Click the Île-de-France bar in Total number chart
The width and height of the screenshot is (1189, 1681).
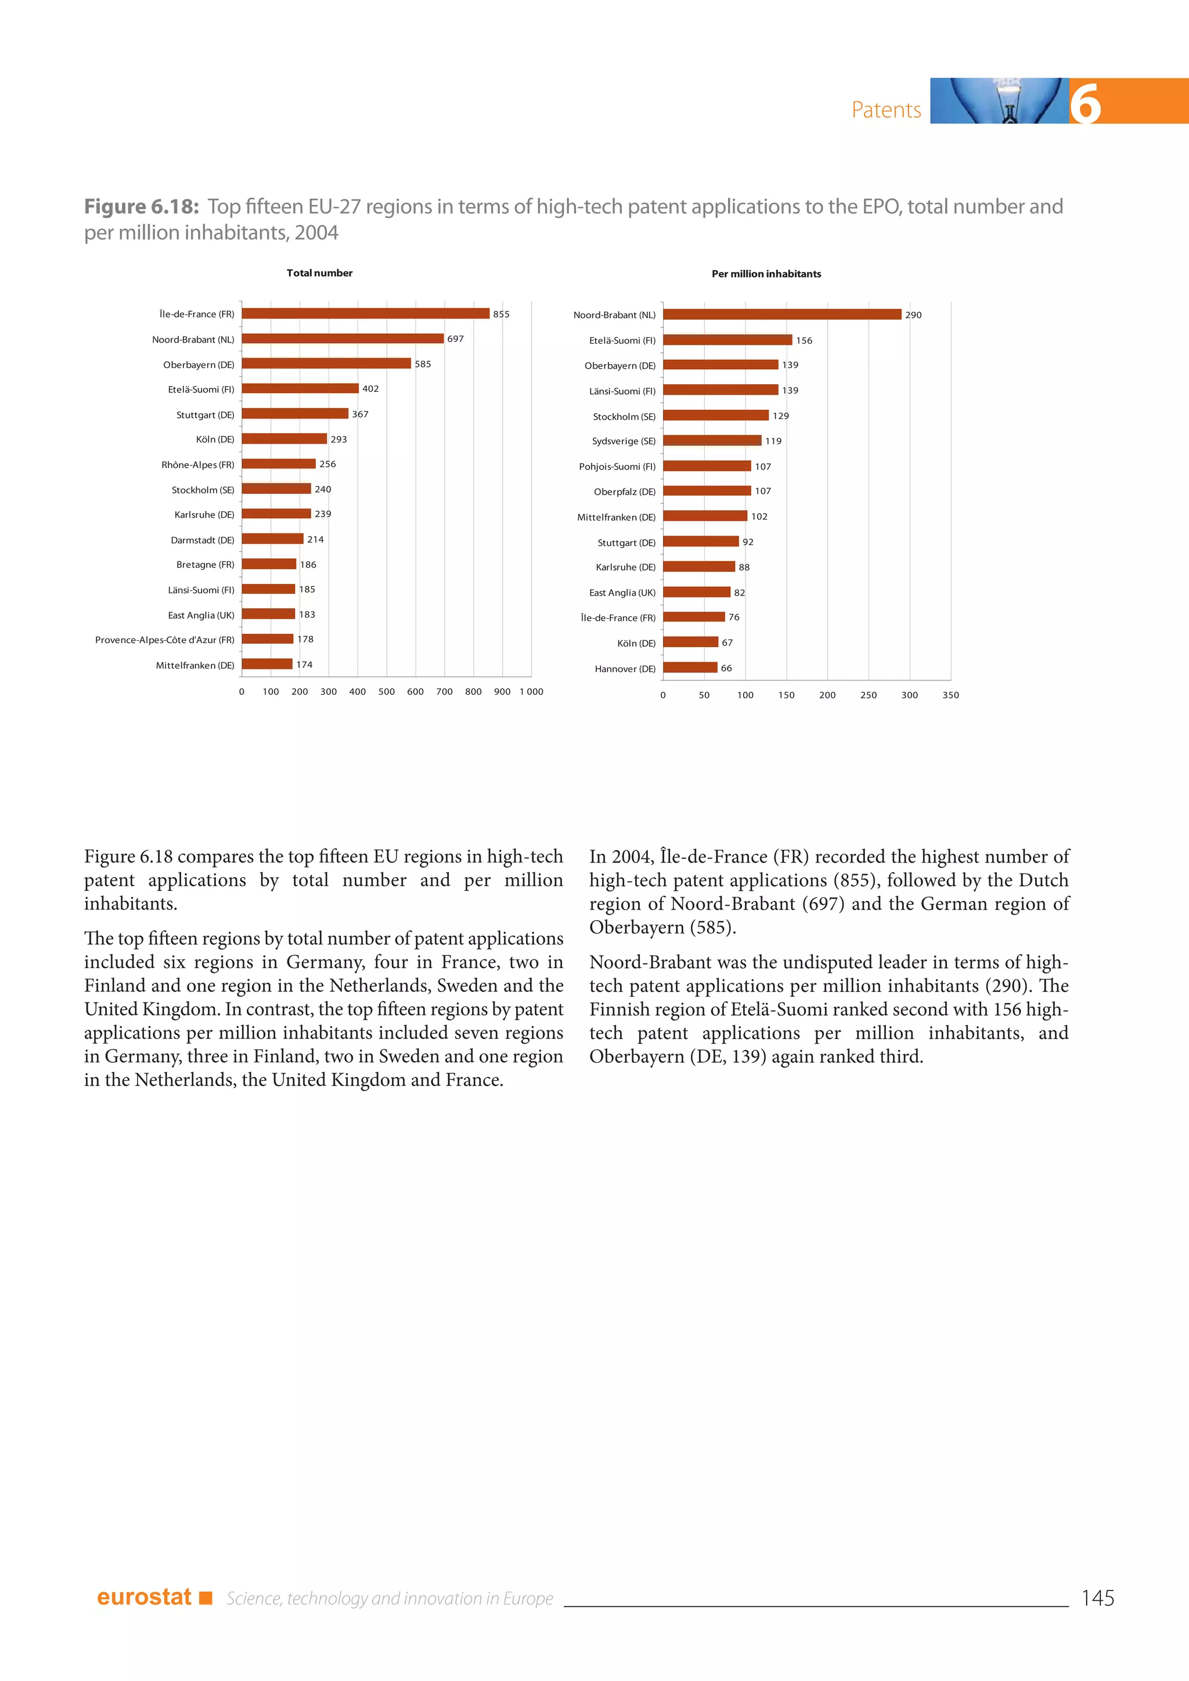coord(365,313)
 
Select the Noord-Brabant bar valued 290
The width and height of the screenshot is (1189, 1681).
coord(782,314)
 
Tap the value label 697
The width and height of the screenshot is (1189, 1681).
coord(455,339)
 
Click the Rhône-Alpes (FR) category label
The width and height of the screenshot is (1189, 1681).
coord(197,465)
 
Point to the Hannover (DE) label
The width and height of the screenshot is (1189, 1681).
coord(625,669)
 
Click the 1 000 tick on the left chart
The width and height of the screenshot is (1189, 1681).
coord(532,691)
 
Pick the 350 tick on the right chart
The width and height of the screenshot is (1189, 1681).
coord(950,695)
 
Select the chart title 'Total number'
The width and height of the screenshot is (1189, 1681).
coord(319,273)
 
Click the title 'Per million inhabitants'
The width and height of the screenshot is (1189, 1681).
coord(766,274)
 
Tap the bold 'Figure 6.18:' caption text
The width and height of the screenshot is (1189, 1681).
coord(141,207)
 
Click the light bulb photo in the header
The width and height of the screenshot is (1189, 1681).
coord(999,101)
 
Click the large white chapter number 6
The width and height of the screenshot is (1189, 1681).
coord(1085,103)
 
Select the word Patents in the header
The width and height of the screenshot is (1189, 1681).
coord(886,110)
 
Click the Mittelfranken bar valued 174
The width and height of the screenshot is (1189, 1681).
coord(267,664)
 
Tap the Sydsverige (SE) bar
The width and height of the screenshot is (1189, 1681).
coord(712,441)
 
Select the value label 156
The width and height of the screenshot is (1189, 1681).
coord(804,341)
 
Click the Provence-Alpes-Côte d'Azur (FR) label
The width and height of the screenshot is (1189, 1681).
coord(165,640)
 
